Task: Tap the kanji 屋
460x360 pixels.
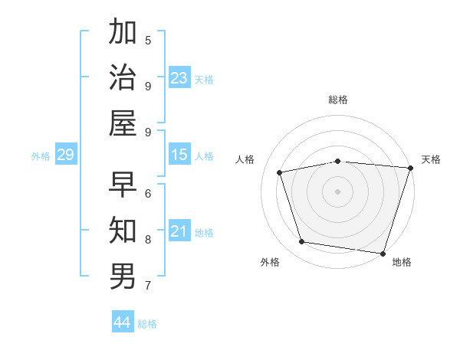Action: (123, 123)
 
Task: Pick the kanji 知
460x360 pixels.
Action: (123, 230)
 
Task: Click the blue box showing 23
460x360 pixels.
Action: (179, 77)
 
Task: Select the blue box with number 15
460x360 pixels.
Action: (179, 155)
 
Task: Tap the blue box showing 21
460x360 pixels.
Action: (179, 231)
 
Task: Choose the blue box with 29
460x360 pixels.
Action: (65, 155)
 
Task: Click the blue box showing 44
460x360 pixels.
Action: (122, 322)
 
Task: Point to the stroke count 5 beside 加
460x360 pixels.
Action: (148, 40)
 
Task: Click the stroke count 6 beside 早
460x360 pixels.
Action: (148, 194)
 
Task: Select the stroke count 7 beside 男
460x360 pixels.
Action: (148, 286)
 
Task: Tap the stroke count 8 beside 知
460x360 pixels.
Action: (148, 240)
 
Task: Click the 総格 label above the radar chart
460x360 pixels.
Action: (337, 100)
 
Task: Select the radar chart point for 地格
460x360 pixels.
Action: (383, 253)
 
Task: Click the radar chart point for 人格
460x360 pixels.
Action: (280, 172)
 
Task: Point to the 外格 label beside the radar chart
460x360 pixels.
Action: (270, 262)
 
